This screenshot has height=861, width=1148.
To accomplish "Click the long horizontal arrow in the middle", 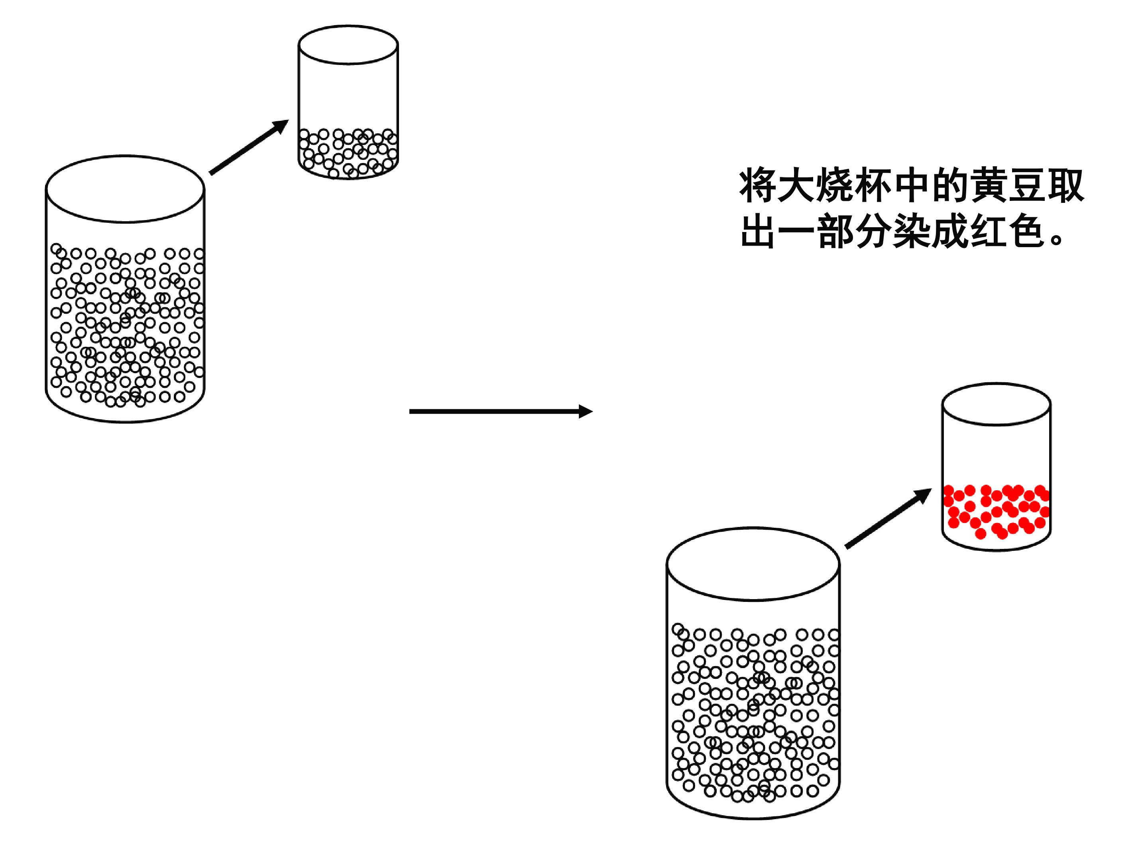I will pos(500,411).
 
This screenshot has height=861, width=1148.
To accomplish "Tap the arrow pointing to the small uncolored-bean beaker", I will pos(249,147).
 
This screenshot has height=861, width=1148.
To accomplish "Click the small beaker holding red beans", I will pos(996,467).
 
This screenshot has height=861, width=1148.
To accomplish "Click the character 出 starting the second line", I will pos(758,231).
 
